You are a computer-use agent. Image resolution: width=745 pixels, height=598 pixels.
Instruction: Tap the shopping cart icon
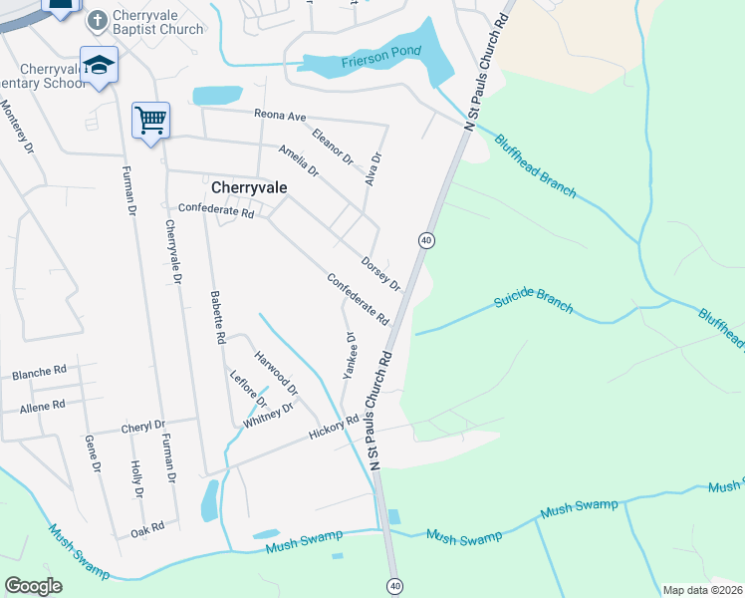(x=150, y=120)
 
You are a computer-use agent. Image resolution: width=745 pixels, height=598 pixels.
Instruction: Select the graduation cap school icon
(x=99, y=65)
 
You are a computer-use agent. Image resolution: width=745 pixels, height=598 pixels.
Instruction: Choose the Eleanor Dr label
(x=333, y=146)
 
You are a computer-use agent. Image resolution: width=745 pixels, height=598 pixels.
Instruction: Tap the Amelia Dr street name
(x=299, y=160)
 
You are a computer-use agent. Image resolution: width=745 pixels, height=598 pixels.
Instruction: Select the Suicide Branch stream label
(x=533, y=302)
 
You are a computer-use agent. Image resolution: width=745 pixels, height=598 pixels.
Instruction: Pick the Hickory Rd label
(x=333, y=429)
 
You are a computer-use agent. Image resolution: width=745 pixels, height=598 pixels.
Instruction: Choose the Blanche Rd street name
(x=39, y=373)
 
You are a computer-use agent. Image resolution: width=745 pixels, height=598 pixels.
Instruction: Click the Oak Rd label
(x=146, y=527)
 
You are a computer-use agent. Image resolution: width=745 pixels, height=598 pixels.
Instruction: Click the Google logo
(x=33, y=586)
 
